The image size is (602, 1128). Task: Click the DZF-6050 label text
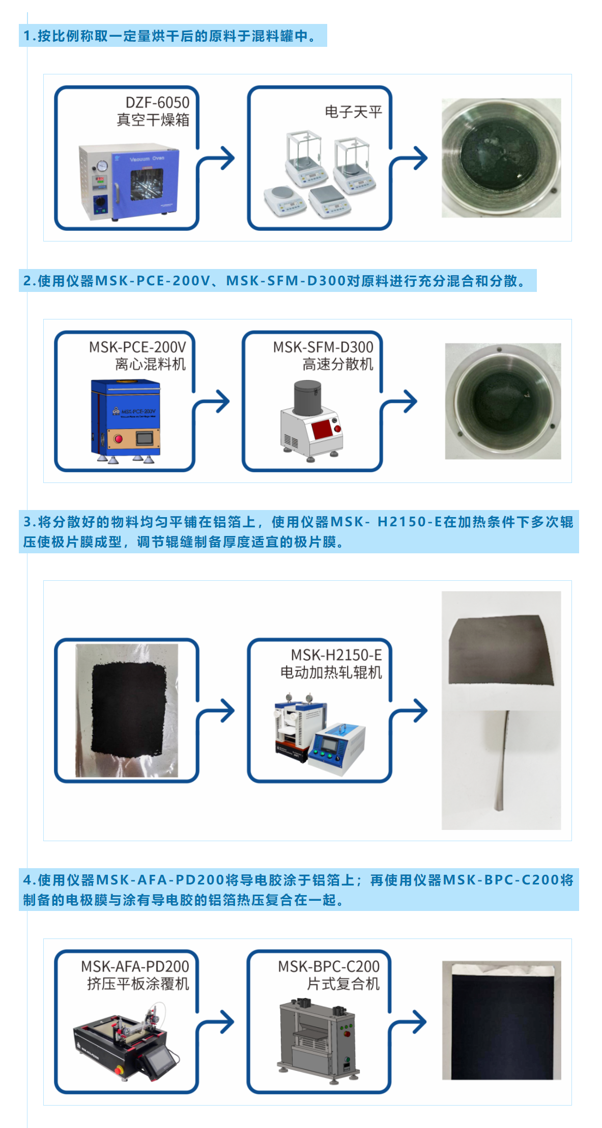157,102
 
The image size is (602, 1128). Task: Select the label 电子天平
353,112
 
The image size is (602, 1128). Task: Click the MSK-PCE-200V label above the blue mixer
137,347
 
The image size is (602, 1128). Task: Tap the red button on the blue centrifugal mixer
119,439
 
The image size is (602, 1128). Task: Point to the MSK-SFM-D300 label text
323,347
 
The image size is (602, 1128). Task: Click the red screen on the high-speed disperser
322,429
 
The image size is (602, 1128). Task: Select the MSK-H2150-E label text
336,655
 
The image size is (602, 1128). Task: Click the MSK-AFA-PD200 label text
135,966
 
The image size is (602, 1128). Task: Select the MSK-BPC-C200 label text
329,966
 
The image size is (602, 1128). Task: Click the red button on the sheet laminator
347,1034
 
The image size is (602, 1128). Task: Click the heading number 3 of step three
28,522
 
